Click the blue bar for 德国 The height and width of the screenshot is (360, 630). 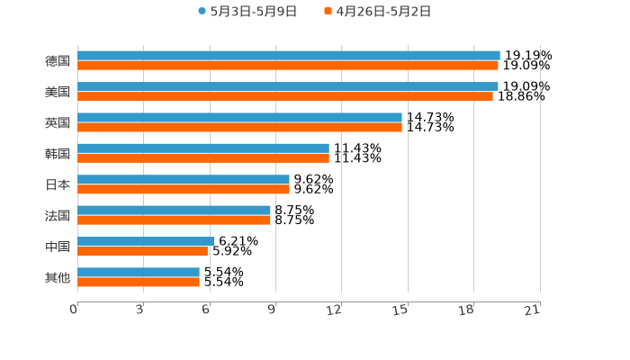coord(288,56)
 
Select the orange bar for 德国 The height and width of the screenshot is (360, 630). coord(288,66)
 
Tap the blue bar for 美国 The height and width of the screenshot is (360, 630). coord(288,86)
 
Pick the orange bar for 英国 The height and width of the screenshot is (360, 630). coord(239,127)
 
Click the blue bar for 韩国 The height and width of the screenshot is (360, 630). coord(202,148)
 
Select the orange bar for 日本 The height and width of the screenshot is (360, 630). coord(184,189)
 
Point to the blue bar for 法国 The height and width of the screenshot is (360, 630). coord(174,210)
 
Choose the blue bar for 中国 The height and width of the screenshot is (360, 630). coord(145,241)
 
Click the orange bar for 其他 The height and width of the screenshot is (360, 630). coord(139,282)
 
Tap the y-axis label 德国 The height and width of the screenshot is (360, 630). coord(58,61)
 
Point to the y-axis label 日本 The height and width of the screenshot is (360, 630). coord(58,184)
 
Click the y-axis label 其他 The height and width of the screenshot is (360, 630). coord(58,277)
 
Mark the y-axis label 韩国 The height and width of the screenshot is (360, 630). coord(58,154)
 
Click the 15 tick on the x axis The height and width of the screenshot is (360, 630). coord(400,310)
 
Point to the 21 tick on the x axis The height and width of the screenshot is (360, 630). coord(533,310)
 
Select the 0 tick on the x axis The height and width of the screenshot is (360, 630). coord(74,310)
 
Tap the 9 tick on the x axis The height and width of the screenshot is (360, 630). coord(272,310)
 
